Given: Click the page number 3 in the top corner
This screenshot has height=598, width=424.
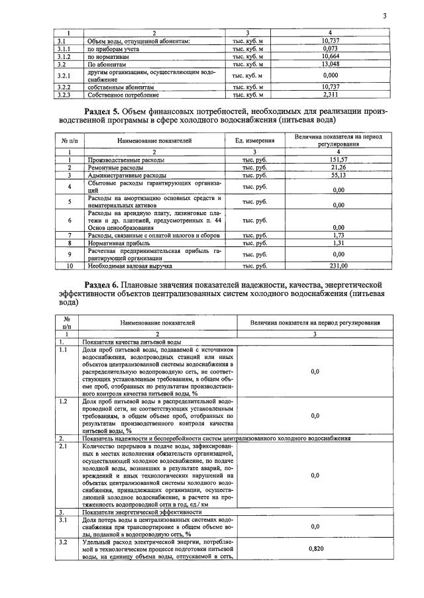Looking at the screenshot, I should click(384, 16).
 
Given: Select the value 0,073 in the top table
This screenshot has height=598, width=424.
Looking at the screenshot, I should click(330, 48).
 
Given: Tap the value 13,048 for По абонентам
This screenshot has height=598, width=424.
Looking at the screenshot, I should click(330, 64).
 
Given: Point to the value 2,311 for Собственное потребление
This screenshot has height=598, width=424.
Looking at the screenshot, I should click(330, 95).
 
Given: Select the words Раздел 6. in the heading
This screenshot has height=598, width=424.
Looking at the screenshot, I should click(107, 283).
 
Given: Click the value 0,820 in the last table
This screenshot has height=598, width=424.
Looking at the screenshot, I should click(315, 549).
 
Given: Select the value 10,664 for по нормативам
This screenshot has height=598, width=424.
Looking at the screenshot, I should click(330, 56).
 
